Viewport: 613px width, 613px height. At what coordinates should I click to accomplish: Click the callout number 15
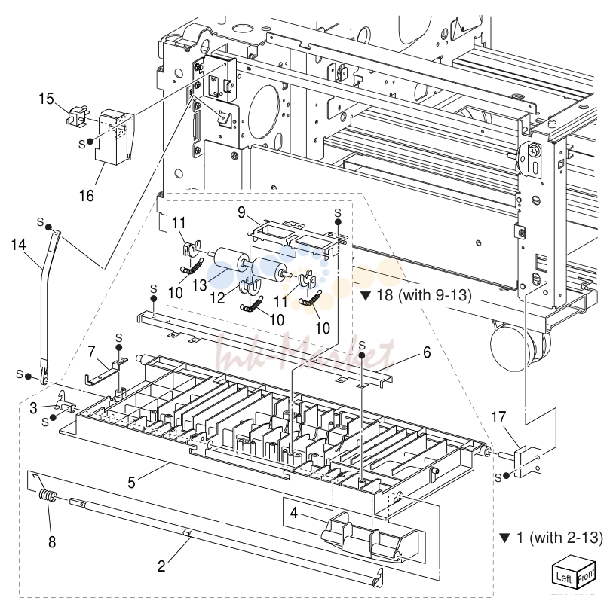coord(46,99)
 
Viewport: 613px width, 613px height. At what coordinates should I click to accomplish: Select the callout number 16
coord(87,196)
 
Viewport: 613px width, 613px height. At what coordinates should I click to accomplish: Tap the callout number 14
coord(18,245)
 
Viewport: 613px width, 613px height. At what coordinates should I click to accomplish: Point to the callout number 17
coord(498,417)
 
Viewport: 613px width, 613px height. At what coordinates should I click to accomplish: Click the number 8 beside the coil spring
coord(52,542)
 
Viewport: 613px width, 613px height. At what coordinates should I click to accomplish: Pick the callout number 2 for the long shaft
coord(161,566)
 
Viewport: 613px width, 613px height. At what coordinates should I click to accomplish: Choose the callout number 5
coord(131,483)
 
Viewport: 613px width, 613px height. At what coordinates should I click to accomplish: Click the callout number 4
coord(294,513)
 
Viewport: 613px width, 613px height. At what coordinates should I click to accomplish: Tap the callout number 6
coord(427,352)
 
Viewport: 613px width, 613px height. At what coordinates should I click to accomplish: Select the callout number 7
coord(91,352)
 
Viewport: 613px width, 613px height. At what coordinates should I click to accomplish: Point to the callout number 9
coord(241,212)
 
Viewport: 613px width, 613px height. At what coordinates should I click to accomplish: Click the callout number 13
coord(199,285)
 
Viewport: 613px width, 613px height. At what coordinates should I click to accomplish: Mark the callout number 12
coord(218,298)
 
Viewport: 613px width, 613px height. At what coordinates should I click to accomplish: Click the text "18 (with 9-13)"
coord(424,295)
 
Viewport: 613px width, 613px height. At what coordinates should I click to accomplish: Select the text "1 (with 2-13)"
coord(559,538)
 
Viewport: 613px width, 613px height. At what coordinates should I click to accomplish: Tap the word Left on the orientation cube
coord(564,578)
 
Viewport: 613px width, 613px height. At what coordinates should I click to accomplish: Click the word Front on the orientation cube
coord(586,575)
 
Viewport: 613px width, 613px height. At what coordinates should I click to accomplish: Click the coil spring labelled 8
coord(47,495)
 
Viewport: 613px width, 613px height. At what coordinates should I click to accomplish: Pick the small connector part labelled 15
coord(77,116)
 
